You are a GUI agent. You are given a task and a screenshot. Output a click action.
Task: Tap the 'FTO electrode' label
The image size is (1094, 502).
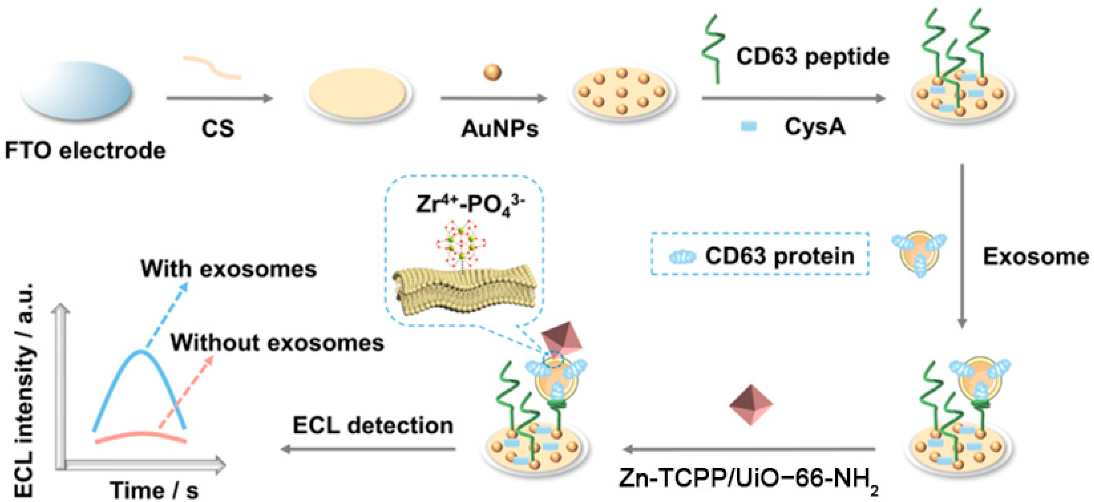click(85, 151)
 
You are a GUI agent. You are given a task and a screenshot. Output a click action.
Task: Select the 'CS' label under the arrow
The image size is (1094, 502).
click(217, 128)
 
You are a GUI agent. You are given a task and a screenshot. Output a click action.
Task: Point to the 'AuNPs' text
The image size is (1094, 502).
click(500, 128)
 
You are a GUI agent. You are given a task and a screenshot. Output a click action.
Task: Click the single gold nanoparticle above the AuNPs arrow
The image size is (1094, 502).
click(492, 72)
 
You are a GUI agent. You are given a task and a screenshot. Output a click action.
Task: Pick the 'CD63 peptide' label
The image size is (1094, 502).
click(813, 56)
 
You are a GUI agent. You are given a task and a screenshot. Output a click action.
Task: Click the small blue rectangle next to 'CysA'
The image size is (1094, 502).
click(748, 126)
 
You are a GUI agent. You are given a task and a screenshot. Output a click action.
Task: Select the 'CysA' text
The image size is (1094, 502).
click(815, 126)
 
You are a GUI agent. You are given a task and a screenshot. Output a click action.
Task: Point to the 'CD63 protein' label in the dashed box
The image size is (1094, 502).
click(779, 256)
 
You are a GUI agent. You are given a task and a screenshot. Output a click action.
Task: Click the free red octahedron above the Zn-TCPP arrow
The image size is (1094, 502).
click(750, 404)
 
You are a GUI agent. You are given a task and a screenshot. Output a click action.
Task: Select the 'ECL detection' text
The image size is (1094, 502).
click(373, 425)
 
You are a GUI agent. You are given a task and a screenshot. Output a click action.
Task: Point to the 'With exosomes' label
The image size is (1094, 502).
click(228, 269)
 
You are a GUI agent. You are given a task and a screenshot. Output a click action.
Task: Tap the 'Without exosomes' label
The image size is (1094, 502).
click(277, 342)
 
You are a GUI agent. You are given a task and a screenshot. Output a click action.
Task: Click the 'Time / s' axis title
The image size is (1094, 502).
click(154, 490)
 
